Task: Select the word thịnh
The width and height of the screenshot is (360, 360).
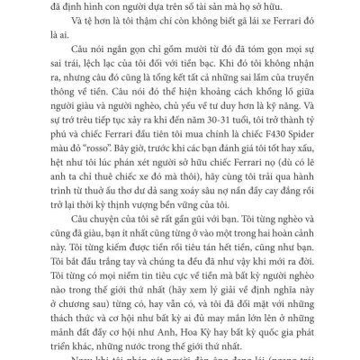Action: (136, 224)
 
